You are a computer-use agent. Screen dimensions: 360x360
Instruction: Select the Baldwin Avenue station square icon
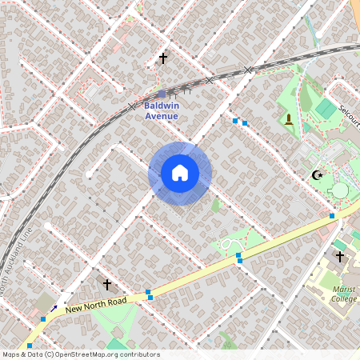click(x=162, y=94)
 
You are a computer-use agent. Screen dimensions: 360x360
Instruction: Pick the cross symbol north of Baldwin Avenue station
click(x=163, y=58)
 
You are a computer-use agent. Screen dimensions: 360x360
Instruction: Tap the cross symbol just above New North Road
click(x=107, y=284)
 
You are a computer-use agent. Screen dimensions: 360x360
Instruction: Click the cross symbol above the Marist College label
click(x=340, y=257)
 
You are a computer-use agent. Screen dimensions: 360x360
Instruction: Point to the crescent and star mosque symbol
click(x=318, y=175)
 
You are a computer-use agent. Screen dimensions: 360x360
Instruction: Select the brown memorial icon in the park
click(x=289, y=119)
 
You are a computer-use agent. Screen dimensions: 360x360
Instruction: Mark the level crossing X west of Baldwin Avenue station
click(x=132, y=106)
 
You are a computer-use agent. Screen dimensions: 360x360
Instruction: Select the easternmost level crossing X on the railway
click(x=248, y=70)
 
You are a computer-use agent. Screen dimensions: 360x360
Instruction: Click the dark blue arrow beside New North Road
click(x=54, y=307)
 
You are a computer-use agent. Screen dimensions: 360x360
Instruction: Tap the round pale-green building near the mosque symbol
click(x=341, y=190)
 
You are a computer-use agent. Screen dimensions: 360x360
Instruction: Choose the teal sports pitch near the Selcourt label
click(x=326, y=108)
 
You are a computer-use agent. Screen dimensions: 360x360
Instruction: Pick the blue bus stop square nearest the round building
click(x=332, y=215)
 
